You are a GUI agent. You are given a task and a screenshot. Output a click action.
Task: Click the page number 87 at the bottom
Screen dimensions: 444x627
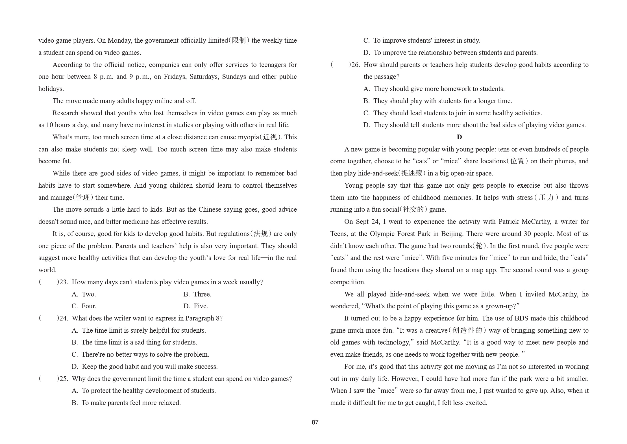pyautogui.click(x=315, y=422)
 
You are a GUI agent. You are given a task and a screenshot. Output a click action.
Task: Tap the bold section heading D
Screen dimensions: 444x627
pyautogui.click(x=459, y=137)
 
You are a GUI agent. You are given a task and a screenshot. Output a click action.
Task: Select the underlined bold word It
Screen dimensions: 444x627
pyautogui.click(x=478, y=198)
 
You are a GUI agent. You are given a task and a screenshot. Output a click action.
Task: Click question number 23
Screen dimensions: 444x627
pyautogui.click(x=64, y=282)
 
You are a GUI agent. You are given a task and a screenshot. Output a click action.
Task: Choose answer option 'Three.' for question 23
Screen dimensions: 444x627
pyautogui.click(x=202, y=294)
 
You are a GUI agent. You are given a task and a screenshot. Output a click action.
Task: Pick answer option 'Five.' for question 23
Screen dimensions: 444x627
pyautogui.click(x=201, y=306)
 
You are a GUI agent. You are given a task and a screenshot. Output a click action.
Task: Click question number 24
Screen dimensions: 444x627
pyautogui.click(x=64, y=319)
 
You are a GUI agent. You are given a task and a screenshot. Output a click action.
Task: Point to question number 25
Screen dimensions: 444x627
pyautogui.click(x=64, y=379)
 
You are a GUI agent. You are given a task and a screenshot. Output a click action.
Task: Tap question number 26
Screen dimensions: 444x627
pyautogui.click(x=355, y=65)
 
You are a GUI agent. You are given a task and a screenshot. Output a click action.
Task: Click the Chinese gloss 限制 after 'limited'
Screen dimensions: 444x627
pyautogui.click(x=239, y=41)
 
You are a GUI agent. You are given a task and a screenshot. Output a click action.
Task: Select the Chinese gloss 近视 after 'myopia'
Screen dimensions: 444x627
pyautogui.click(x=270, y=137)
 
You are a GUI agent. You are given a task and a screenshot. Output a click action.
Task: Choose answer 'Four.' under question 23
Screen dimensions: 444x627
pyautogui.click(x=89, y=306)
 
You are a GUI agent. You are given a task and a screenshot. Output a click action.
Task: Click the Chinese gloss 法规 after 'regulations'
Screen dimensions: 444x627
pyautogui.click(x=260, y=234)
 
